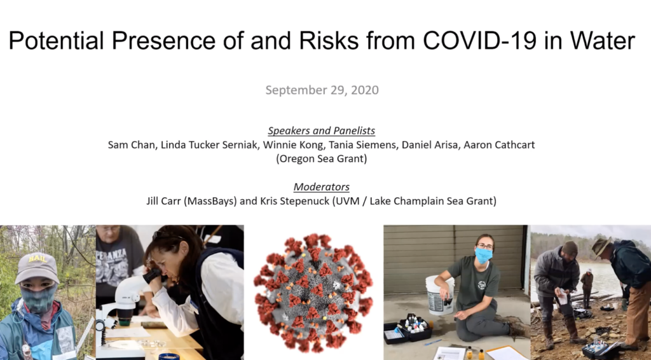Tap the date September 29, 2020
click(x=322, y=90)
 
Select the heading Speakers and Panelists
click(x=321, y=130)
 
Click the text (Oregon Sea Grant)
click(x=321, y=158)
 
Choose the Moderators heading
click(x=321, y=187)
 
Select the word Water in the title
click(x=603, y=40)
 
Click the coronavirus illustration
click(x=313, y=293)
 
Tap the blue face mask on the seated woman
click(x=483, y=255)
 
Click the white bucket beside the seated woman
click(x=440, y=295)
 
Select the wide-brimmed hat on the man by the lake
click(x=601, y=246)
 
